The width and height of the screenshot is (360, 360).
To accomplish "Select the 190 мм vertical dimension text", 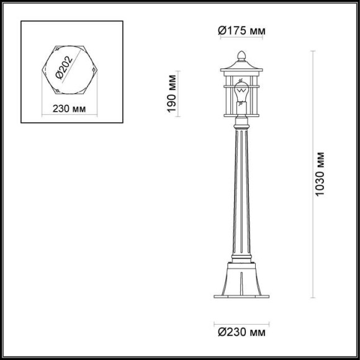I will pos(174,92).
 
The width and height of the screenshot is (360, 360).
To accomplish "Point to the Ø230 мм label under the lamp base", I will pos(242,334).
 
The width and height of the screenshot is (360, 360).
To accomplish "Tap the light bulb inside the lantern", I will pos(242,94).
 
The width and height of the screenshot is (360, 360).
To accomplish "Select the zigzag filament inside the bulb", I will pos(242,92).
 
